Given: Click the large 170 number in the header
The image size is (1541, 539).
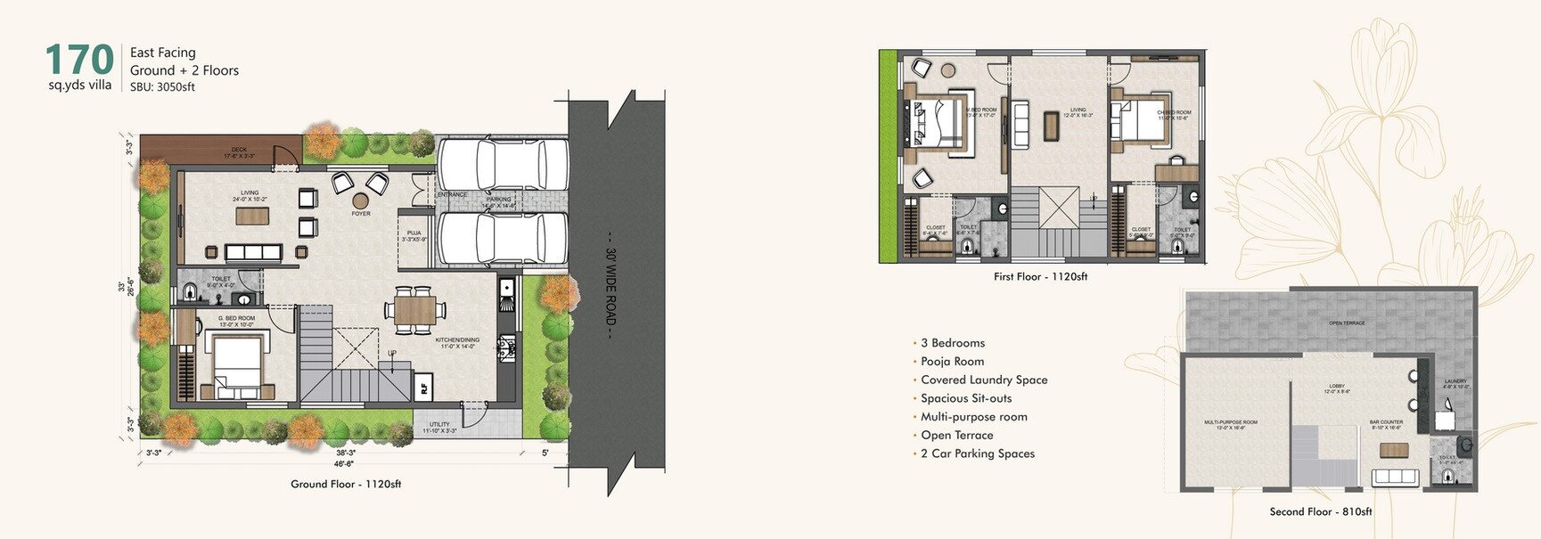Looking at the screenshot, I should pyautogui.click(x=78, y=60).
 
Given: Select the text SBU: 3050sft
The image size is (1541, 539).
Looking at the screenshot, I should pyautogui.click(x=162, y=87).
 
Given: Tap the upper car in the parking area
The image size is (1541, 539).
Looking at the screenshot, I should pyautogui.click(x=503, y=164).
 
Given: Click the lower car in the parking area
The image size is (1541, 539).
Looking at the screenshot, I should pyautogui.click(x=503, y=239).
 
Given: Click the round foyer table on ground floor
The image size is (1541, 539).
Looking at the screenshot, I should pyautogui.click(x=361, y=201).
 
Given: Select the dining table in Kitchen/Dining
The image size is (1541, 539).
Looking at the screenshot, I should pyautogui.click(x=414, y=311).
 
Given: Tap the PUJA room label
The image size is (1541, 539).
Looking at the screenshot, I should pyautogui.click(x=414, y=236).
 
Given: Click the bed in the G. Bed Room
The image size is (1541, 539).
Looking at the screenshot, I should pyautogui.click(x=236, y=365).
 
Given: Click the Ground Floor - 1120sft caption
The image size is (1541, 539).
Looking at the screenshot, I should pyautogui.click(x=346, y=484).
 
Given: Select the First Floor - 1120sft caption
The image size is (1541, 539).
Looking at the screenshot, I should pyautogui.click(x=1040, y=277).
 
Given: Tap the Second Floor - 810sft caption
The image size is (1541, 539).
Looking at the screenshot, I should pyautogui.click(x=1320, y=511).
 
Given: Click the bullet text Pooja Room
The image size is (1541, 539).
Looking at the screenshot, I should pyautogui.click(x=952, y=362).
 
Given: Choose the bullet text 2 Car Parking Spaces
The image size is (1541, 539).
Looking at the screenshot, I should pyautogui.click(x=977, y=453).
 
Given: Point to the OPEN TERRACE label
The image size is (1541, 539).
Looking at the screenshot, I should pyautogui.click(x=1346, y=323).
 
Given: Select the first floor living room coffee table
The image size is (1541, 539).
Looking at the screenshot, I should pyautogui.click(x=1052, y=126).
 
